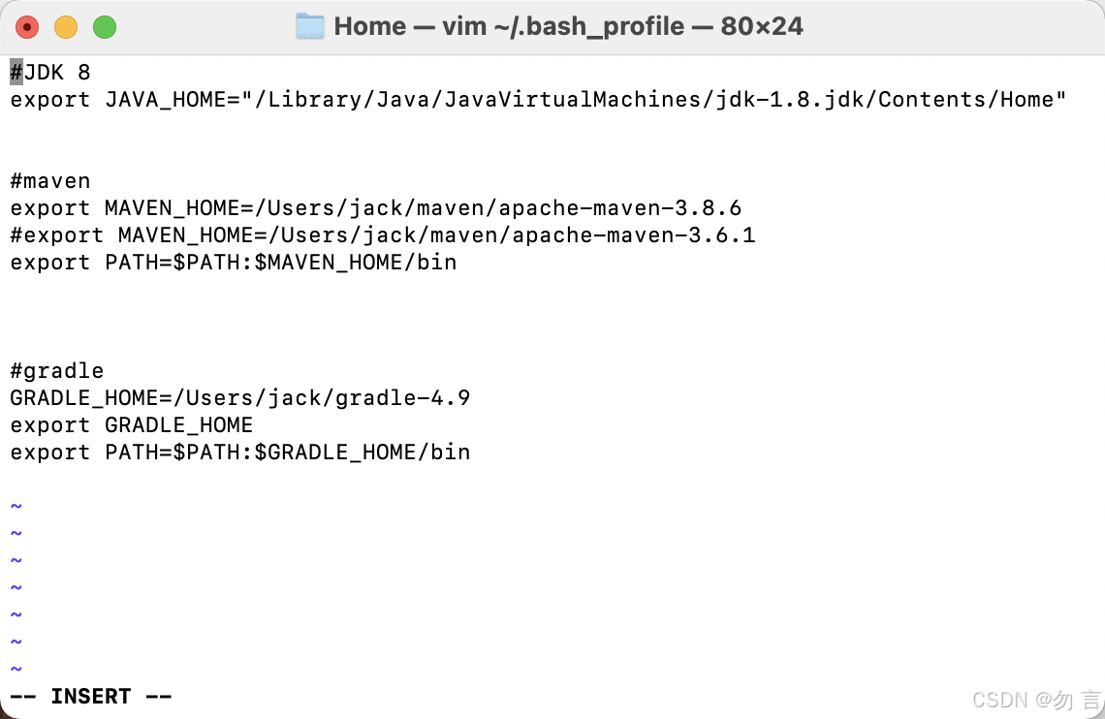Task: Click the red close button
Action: click(x=28, y=27)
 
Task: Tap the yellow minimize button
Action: click(x=66, y=27)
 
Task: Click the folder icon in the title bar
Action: click(x=310, y=26)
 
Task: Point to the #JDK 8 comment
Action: click(x=50, y=73)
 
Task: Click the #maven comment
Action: click(x=50, y=181)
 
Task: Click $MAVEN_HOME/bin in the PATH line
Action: click(x=356, y=263)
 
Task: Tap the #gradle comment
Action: click(x=57, y=371)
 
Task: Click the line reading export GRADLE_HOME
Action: click(x=132, y=425)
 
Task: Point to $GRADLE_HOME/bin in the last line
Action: click(x=363, y=453)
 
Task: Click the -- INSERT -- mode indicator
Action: click(x=91, y=697)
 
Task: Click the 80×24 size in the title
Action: click(x=762, y=26)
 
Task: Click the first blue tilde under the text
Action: click(x=16, y=507)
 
